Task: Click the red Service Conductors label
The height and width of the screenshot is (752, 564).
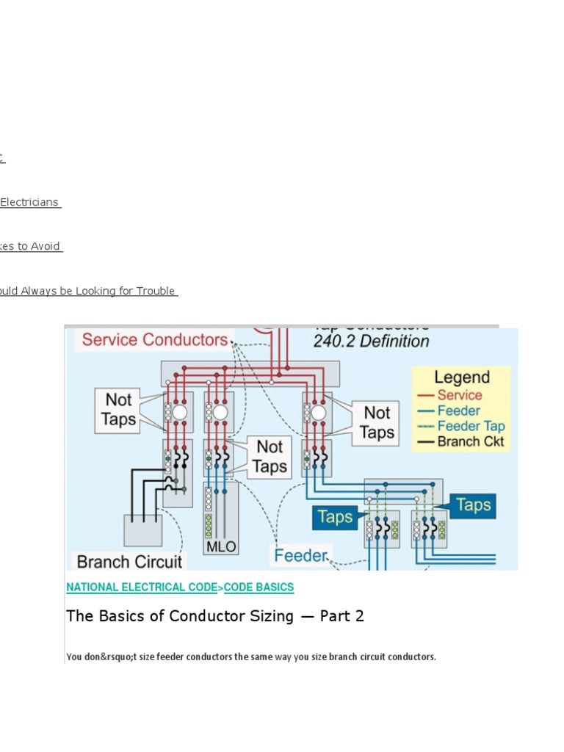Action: (x=154, y=340)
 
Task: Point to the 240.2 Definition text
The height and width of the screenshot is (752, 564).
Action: (x=371, y=341)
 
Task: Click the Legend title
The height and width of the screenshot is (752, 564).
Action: (x=461, y=377)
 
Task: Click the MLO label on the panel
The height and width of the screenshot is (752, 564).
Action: (x=221, y=548)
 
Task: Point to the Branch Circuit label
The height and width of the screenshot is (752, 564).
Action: (x=129, y=562)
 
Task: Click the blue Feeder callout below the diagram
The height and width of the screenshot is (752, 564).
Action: (x=300, y=555)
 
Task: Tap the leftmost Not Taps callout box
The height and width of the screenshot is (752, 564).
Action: (x=118, y=410)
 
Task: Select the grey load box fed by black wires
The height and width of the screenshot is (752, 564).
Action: (x=142, y=530)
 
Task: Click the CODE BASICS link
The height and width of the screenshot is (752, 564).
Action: (x=258, y=587)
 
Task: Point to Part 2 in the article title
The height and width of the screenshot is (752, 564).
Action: (x=341, y=616)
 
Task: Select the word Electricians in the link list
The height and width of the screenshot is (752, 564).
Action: (x=29, y=203)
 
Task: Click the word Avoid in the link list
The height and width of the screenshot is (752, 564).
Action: (x=46, y=247)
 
